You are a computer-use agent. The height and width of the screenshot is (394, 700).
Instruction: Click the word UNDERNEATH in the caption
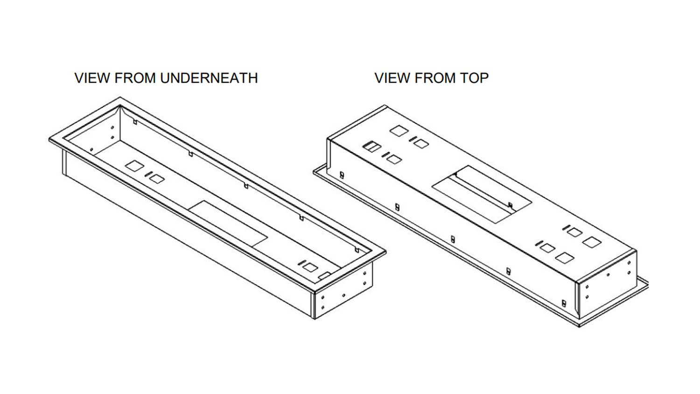pos(209,78)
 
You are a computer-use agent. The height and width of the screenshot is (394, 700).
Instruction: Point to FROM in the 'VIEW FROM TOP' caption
pos(434,78)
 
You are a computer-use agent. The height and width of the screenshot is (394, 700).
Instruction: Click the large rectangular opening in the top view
pos(481,194)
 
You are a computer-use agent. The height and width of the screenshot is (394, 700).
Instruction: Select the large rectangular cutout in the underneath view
pos(229,224)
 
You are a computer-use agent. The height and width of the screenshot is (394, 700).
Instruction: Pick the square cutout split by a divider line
pos(371,147)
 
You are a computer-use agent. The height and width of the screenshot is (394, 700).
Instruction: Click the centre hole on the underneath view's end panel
pos(343,295)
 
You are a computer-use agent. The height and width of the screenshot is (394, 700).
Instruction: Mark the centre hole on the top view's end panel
pos(608,275)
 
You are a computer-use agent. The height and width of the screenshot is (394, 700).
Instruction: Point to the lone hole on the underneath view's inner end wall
pos(91,149)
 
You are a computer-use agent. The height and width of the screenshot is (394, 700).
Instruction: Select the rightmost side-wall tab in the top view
pos(564,303)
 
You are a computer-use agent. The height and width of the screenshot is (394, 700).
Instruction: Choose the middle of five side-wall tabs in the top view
pos(452,239)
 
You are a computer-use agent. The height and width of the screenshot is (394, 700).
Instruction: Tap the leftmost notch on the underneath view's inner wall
pos(135,121)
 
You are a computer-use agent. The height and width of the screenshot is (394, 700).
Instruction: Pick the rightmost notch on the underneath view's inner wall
pos(357,250)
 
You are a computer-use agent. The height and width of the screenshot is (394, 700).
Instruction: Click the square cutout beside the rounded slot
pos(310,267)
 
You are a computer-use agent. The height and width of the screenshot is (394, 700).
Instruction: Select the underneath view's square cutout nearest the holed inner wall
pos(134,166)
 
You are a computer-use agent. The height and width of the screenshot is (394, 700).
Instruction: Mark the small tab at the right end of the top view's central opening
pos(511,205)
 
